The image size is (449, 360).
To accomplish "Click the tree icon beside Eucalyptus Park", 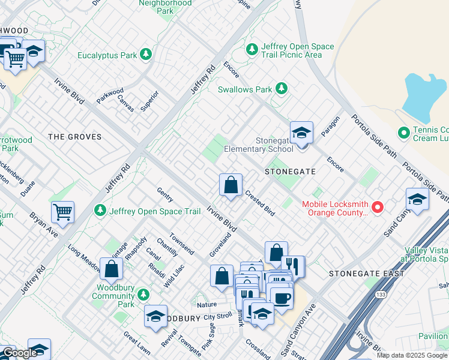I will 145,55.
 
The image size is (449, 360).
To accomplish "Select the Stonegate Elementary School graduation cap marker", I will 301,133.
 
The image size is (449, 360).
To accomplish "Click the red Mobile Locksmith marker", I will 378,208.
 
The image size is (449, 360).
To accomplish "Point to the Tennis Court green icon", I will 404,132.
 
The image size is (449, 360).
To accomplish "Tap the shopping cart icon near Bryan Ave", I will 62,211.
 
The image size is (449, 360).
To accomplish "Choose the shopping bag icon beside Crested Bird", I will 231,185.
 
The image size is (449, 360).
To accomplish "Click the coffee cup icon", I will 281,297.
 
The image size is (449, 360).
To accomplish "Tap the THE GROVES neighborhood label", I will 74,137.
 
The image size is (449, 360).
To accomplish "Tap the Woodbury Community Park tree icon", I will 143,295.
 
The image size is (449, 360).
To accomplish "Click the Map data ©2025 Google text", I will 412,355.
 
